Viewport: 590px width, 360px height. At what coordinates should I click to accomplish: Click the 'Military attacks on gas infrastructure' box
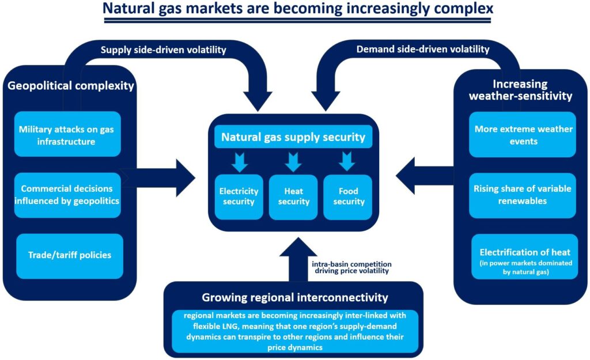tap(67, 135)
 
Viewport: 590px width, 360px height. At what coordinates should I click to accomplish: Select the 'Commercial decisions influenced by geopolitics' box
tap(67, 195)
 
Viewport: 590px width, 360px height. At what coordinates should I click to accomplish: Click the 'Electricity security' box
tap(239, 196)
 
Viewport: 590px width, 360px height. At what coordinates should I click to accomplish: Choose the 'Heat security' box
tap(293, 196)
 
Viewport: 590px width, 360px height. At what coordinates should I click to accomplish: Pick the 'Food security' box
tap(349, 196)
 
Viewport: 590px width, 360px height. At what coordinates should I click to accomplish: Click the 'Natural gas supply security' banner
tap(293, 138)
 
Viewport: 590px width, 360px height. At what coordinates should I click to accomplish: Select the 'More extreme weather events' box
tap(523, 135)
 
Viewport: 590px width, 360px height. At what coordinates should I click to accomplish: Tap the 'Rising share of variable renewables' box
tap(523, 195)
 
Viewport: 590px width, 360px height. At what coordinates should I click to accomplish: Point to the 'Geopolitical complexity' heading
tap(71, 86)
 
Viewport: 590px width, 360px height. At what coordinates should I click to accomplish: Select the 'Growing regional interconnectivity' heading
tap(294, 297)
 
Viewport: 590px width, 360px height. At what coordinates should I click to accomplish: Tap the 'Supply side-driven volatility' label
tap(163, 50)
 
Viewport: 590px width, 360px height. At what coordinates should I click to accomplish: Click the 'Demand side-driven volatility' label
tap(423, 50)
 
